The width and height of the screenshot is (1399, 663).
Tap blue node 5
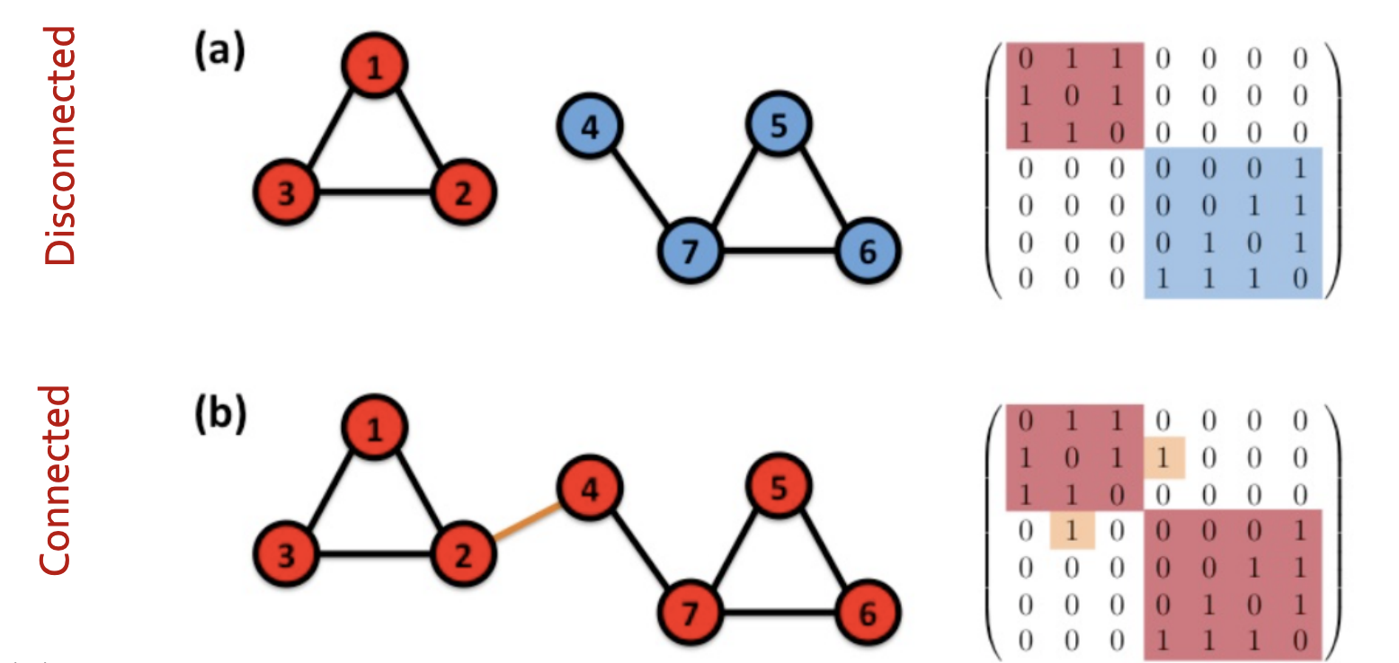click(x=779, y=126)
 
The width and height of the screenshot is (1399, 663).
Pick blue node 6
click(x=867, y=252)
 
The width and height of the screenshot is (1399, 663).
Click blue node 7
click(x=690, y=252)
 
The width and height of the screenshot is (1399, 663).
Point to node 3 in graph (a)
click(x=286, y=193)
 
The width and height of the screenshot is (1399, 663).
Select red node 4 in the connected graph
click(x=590, y=490)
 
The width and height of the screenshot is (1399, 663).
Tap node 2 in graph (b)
click(x=462, y=556)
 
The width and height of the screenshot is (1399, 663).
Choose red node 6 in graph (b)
click(x=867, y=614)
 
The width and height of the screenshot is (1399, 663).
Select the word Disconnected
click(x=61, y=146)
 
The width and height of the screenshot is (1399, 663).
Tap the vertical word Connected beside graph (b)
click(x=56, y=480)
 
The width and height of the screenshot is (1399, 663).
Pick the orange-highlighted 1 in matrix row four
click(x=1072, y=530)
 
